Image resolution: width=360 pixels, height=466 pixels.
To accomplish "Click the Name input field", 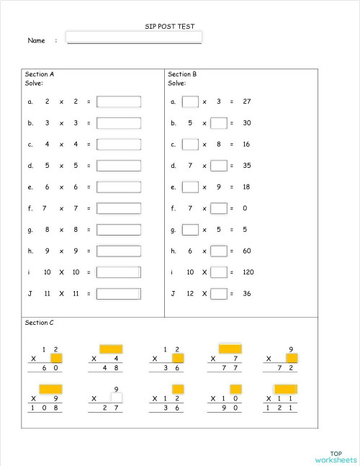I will point(133,37).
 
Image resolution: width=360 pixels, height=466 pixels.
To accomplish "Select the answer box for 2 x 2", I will point(119,102).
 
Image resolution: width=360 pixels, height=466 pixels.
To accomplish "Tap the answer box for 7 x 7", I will point(119,209).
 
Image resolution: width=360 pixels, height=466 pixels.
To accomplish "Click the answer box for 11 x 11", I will point(119,294).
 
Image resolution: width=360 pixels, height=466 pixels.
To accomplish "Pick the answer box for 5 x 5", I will point(119,166).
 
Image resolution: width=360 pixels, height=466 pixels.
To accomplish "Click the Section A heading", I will point(40,74).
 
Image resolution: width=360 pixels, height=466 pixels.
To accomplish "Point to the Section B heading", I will point(182,74).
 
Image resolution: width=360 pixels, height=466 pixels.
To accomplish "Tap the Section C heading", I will point(40,323).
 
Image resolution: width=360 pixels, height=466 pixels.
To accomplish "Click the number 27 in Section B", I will point(247,102).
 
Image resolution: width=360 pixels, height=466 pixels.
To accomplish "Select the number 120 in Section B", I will point(248,272).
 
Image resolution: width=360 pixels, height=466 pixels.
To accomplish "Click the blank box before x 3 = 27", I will point(190,102).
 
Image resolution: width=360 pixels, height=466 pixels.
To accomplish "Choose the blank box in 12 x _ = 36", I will point(219,294).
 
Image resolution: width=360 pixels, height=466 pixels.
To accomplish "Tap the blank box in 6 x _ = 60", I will point(219,251).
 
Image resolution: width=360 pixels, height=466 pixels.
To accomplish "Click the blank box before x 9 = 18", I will point(190,187).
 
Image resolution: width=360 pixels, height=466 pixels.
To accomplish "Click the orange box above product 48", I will point(111,349).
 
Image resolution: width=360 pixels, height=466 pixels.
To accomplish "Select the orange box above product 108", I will point(50,389).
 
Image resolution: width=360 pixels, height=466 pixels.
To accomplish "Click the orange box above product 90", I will point(235,389).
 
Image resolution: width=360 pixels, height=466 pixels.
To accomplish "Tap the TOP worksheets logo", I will point(336,457).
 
